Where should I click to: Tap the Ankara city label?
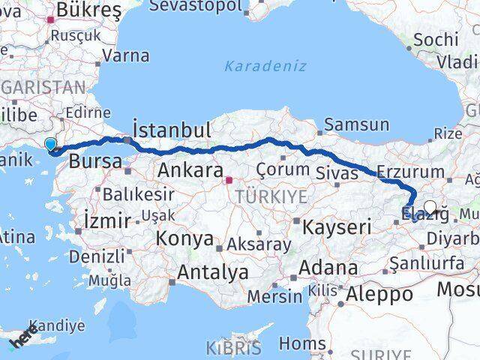pos(190,171)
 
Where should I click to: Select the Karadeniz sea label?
pos(265,66)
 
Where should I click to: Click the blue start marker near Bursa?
pos(50,144)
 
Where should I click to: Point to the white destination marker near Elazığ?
pos(430,208)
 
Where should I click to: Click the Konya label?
pos(184,239)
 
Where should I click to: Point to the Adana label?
pos(328,268)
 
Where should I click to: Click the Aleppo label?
pos(380,294)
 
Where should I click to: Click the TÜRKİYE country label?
pos(271,197)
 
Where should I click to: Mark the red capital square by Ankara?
pos(229,179)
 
